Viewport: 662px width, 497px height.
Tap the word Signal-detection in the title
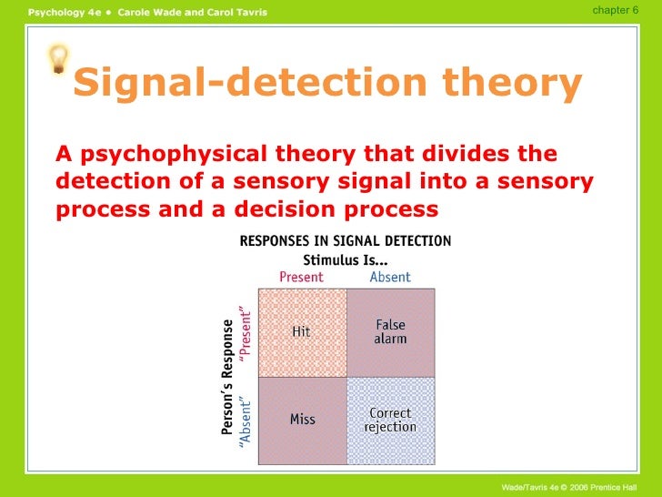click(246, 84)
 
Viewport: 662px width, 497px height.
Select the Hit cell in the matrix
click(302, 332)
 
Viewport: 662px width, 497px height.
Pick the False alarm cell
click(391, 331)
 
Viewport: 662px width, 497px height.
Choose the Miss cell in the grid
click(302, 420)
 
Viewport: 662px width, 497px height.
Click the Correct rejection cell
click(391, 420)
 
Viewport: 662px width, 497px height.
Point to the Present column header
click(301, 277)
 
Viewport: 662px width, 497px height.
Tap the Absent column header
click(390, 277)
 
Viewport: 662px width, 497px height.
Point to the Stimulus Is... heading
click(345, 259)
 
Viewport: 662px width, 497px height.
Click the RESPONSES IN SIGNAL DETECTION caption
click(345, 241)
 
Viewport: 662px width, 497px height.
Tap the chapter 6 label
click(615, 9)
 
